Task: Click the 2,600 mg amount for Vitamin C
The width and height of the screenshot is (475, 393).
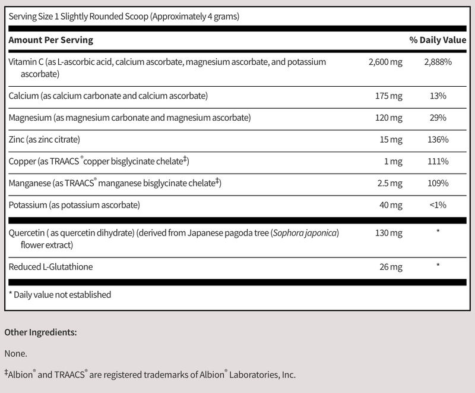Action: pos(385,63)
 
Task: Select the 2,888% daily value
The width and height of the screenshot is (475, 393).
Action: pos(438,63)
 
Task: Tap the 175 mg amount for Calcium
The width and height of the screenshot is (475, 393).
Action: pos(390,96)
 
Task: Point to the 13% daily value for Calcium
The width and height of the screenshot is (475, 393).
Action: pos(438,96)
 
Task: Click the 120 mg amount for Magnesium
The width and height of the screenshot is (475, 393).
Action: pos(390,118)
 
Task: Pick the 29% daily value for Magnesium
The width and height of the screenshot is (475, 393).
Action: pos(438,118)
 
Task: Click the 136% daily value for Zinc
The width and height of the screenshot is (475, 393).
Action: pos(438,140)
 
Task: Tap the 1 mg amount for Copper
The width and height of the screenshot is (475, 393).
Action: pos(395,162)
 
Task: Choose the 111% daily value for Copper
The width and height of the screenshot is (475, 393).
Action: pos(438,162)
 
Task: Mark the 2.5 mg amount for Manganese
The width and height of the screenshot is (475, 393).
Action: pos(390,184)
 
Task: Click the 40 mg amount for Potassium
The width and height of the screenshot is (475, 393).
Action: pos(392,206)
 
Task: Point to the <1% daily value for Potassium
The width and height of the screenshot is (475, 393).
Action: pos(438,206)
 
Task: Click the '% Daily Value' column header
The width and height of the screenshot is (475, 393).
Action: pos(438,40)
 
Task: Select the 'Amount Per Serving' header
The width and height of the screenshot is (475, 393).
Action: pos(50,40)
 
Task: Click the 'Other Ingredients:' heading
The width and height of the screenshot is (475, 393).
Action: pos(41,332)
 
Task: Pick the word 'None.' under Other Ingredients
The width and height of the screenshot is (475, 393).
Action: pos(16,354)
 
